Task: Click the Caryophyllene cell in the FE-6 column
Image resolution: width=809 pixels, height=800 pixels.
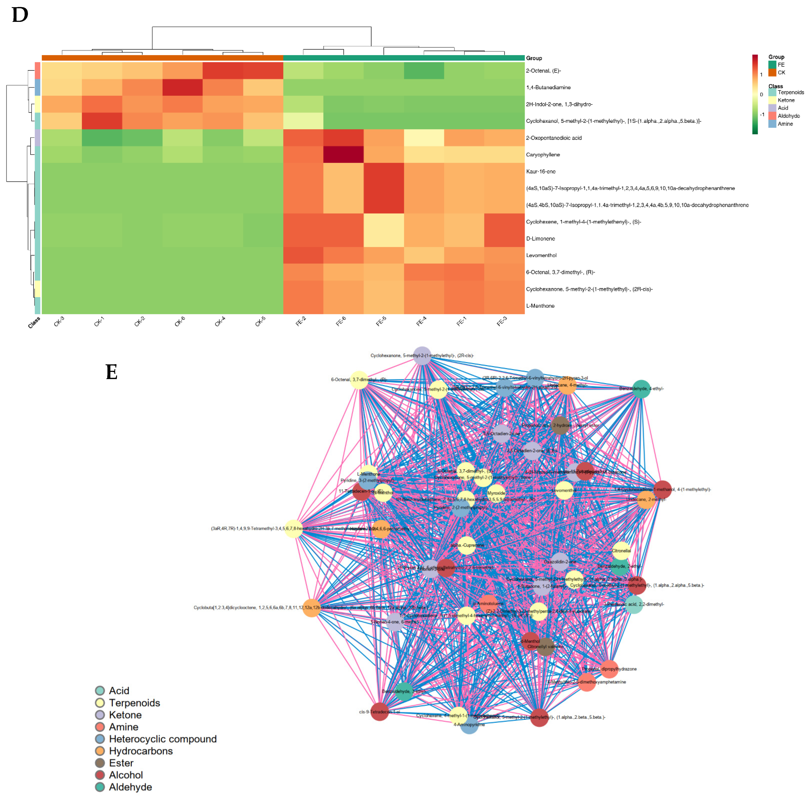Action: [x=343, y=154]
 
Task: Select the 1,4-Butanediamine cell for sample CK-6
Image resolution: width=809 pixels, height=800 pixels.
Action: [x=183, y=87]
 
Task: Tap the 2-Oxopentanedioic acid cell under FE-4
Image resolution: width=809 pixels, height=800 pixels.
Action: [x=424, y=138]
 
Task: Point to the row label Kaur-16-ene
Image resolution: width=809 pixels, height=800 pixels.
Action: [x=540, y=171]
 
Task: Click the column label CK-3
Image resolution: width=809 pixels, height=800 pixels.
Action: [x=59, y=322]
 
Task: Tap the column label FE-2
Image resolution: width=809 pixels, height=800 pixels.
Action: [x=301, y=322]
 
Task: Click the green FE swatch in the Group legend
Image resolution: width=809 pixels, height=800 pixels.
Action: [x=772, y=64]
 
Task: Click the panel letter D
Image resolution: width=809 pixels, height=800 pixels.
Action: [x=20, y=15]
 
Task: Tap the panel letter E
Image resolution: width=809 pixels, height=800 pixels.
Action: [x=111, y=372]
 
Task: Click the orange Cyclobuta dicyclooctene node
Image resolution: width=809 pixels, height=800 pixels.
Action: [x=312, y=608]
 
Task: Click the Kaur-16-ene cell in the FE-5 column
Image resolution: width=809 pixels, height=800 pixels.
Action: [x=384, y=171]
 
